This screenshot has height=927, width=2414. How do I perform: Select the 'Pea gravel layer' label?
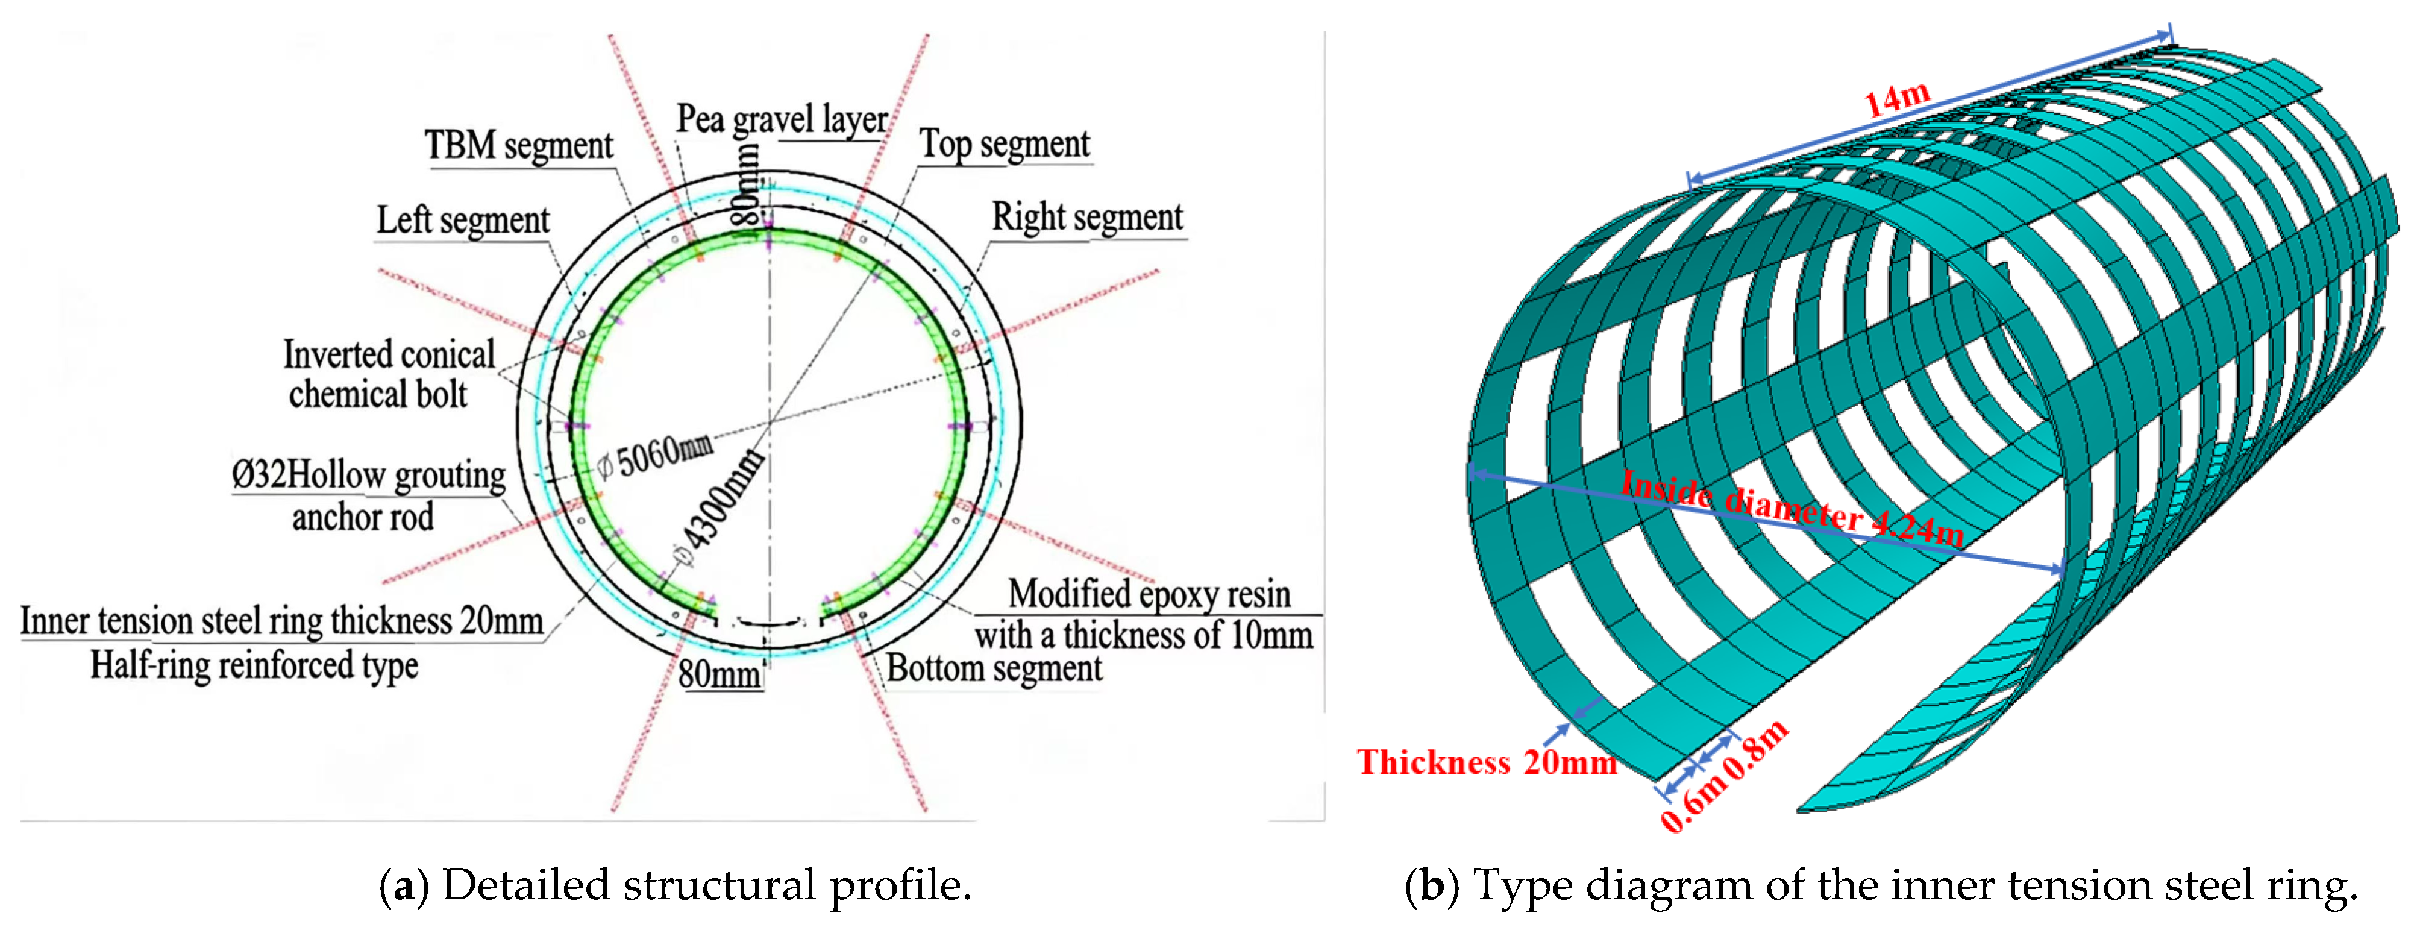[x=782, y=119]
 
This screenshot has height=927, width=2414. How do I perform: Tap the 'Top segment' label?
[x=1004, y=144]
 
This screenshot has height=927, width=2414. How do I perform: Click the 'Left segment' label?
[x=463, y=220]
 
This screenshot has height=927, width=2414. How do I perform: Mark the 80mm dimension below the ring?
[x=719, y=674]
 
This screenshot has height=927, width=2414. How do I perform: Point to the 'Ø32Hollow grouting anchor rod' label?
[x=368, y=495]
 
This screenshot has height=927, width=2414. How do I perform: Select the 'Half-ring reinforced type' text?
[x=254, y=665]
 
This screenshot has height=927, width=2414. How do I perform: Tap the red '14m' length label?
[x=1897, y=98]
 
